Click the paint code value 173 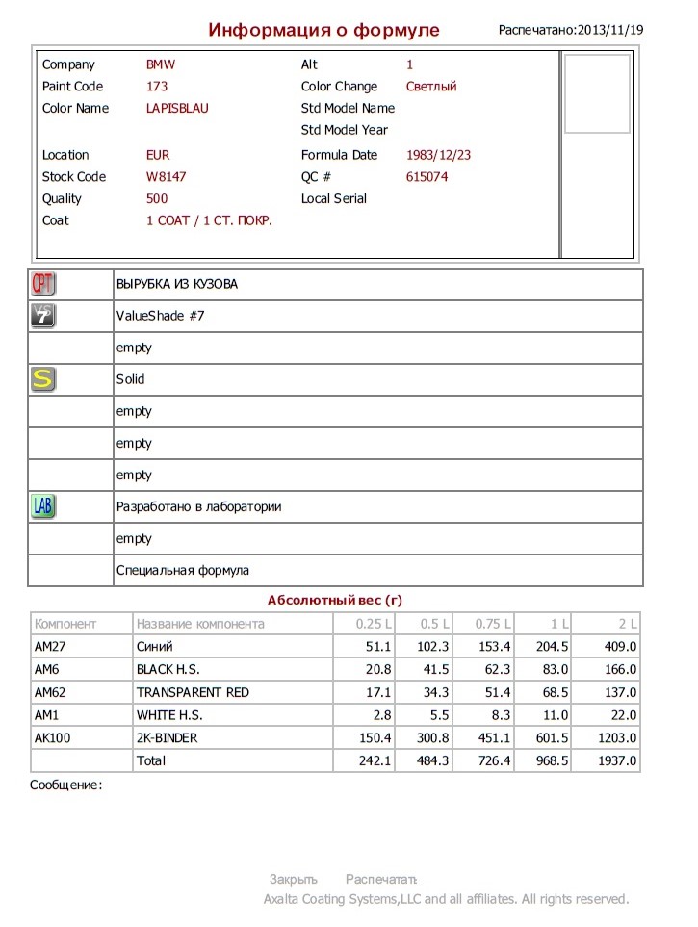tap(157, 87)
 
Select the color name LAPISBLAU tap(177, 109)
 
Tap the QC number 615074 tap(427, 177)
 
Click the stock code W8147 tap(167, 177)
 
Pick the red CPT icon tap(43, 284)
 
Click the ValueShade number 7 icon tap(43, 316)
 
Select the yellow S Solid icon tap(43, 379)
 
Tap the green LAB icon tap(43, 506)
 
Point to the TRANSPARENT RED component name tap(194, 692)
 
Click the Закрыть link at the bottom tap(293, 879)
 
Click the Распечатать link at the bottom tap(381, 879)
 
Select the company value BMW tap(161, 64)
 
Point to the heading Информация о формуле tap(323, 30)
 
